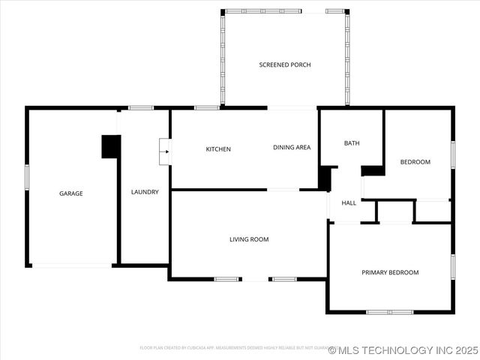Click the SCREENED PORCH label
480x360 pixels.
pyautogui.click(x=284, y=65)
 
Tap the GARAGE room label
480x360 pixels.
pyautogui.click(x=71, y=193)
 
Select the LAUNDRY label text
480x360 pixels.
pyautogui.click(x=145, y=192)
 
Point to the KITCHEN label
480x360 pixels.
pyautogui.click(x=218, y=149)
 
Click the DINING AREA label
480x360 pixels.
pyautogui.click(x=291, y=148)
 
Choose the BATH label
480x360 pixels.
pyautogui.click(x=352, y=143)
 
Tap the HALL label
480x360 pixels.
pyautogui.click(x=349, y=203)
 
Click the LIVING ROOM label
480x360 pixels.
pyautogui.click(x=249, y=240)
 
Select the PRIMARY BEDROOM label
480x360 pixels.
pyautogui.click(x=390, y=272)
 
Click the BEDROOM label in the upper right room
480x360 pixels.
pyautogui.click(x=415, y=162)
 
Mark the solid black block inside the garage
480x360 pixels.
pyautogui.click(x=111, y=146)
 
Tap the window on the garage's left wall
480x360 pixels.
pyautogui.click(x=27, y=177)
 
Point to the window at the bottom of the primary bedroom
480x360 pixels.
pyautogui.click(x=389, y=311)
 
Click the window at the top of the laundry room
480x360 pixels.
pyautogui.click(x=141, y=108)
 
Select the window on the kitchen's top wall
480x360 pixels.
pyautogui.click(x=206, y=108)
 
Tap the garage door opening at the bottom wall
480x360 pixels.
pyautogui.click(x=72, y=265)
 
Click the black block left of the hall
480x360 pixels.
pyautogui.click(x=324, y=178)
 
